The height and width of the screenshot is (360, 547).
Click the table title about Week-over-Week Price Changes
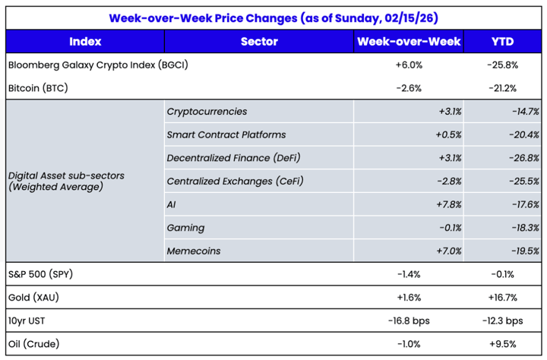click(x=273, y=17)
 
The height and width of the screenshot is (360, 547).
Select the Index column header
click(x=84, y=42)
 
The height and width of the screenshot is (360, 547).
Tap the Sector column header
click(x=259, y=42)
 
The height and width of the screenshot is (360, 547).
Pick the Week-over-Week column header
click(x=409, y=42)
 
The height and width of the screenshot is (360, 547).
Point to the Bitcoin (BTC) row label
click(x=38, y=88)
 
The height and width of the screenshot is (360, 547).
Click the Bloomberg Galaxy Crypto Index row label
click(x=97, y=65)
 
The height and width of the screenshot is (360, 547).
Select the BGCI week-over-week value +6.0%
click(x=409, y=65)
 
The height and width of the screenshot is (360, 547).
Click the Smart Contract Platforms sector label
click(x=226, y=134)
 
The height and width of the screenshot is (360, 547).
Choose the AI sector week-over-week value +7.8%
click(x=450, y=204)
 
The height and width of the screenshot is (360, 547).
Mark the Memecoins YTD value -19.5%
click(x=525, y=251)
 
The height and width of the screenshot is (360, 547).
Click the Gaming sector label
click(x=185, y=228)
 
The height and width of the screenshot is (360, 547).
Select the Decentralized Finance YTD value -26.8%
click(x=525, y=158)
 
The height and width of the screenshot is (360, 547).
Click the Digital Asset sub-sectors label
click(x=66, y=181)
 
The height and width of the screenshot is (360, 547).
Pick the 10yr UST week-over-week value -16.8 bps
click(x=409, y=320)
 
